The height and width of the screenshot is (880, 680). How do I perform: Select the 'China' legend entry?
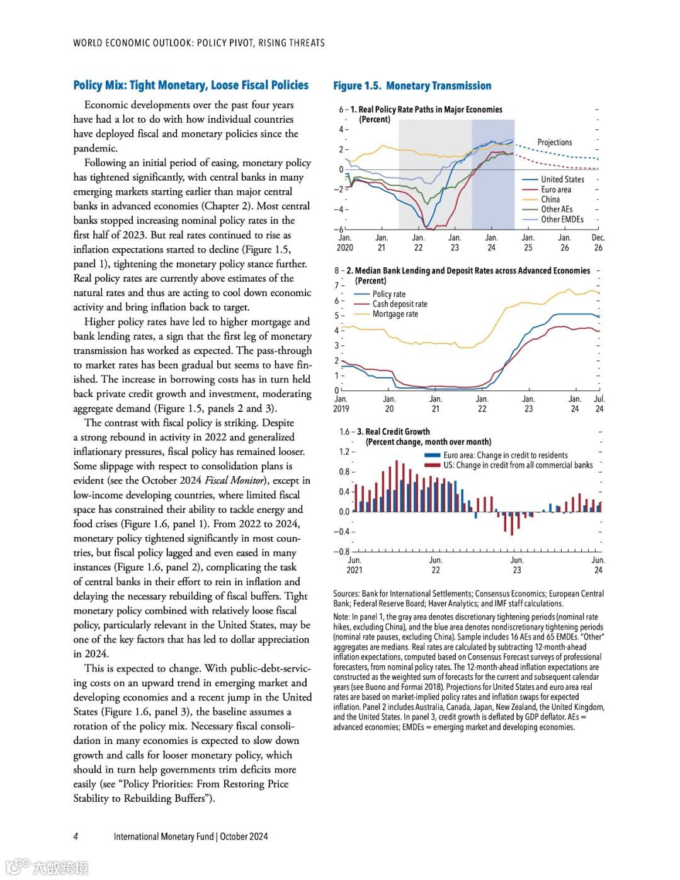[x=550, y=200]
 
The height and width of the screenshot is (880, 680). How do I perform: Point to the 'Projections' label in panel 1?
[x=554, y=142]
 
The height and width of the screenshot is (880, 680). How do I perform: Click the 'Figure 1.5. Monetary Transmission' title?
[x=412, y=86]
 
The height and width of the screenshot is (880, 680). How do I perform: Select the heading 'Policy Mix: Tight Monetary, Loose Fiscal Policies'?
[x=191, y=85]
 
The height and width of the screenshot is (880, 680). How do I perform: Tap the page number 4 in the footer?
[x=76, y=837]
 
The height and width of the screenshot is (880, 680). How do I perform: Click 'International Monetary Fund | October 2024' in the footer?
[x=191, y=837]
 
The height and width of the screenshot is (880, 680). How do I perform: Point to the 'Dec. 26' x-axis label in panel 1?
[x=598, y=243]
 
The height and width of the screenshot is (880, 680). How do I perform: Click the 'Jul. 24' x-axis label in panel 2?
[x=599, y=404]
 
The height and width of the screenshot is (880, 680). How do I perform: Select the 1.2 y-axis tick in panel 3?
[x=344, y=452]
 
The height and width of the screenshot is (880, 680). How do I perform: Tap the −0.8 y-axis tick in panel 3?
[x=342, y=552]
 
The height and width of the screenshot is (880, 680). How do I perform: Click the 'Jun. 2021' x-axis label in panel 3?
[x=354, y=565]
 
